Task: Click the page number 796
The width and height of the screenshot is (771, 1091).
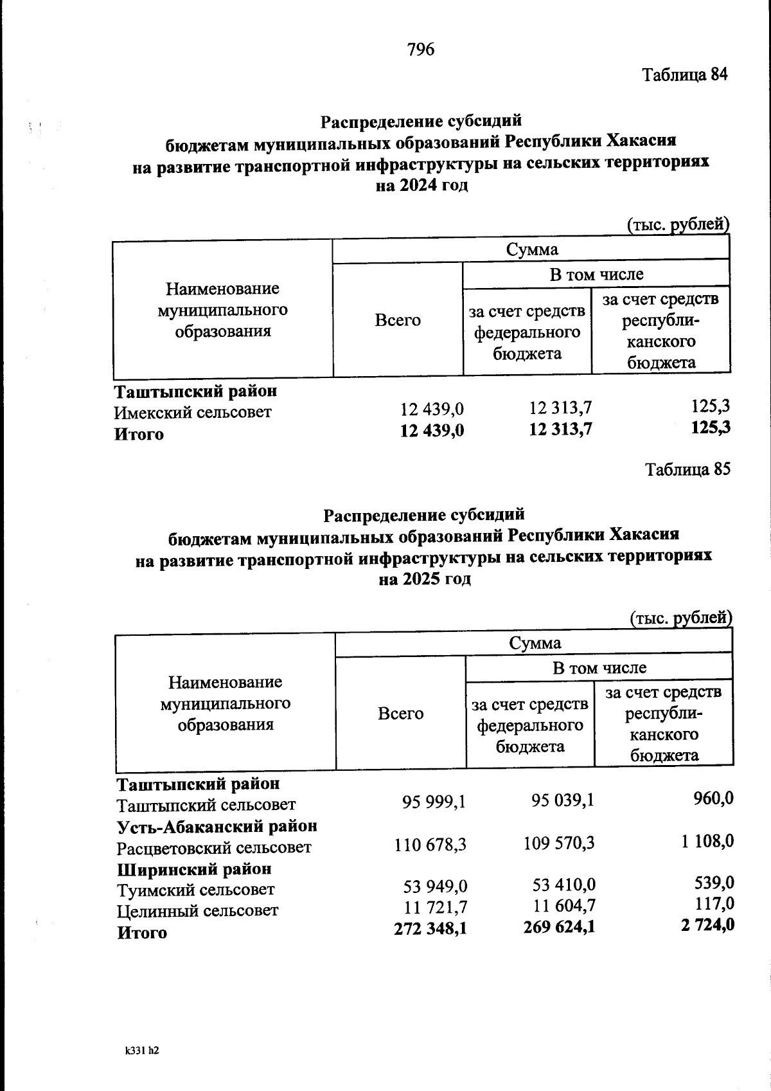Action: point(421,49)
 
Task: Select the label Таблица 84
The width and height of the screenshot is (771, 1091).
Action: point(685,75)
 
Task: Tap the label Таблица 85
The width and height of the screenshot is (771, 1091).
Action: point(687,469)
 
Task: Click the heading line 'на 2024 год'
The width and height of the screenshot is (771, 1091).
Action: point(421,186)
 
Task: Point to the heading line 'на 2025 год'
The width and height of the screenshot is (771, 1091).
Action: point(425,579)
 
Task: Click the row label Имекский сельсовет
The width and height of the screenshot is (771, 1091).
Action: point(193,412)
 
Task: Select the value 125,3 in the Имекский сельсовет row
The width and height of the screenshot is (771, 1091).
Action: point(711,406)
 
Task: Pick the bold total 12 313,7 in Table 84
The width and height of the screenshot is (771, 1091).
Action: point(560,429)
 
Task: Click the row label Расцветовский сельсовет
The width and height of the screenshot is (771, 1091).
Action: point(214,847)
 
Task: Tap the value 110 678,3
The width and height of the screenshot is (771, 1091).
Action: point(430,844)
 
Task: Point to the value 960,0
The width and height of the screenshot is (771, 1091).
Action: point(714,798)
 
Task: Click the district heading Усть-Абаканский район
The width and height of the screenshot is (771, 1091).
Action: point(217,825)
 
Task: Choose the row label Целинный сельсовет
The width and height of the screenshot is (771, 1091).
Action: point(197,910)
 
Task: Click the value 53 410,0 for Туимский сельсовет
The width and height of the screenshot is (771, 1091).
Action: point(563,885)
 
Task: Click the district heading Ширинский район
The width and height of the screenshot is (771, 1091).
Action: point(194,869)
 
